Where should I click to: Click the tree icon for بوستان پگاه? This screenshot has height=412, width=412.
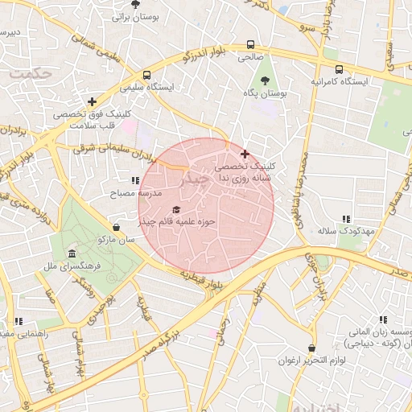click(x=266, y=80)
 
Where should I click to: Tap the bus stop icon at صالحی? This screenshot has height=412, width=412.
click(x=251, y=45)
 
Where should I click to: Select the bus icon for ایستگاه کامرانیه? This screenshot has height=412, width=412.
click(x=339, y=69)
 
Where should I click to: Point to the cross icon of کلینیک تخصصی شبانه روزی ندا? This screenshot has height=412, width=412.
click(x=245, y=153)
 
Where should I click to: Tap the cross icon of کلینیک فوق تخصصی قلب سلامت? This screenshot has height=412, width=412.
click(x=93, y=102)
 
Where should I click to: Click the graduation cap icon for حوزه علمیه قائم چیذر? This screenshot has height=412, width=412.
click(x=176, y=210)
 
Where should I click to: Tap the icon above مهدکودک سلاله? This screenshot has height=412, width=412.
click(x=346, y=218)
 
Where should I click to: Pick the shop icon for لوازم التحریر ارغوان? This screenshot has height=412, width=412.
click(x=288, y=348)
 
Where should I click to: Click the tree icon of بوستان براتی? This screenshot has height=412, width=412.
click(x=135, y=4)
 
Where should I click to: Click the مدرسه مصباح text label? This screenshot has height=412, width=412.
click(x=139, y=194)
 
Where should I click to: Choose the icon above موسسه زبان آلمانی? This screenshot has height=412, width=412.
click(x=381, y=319)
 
